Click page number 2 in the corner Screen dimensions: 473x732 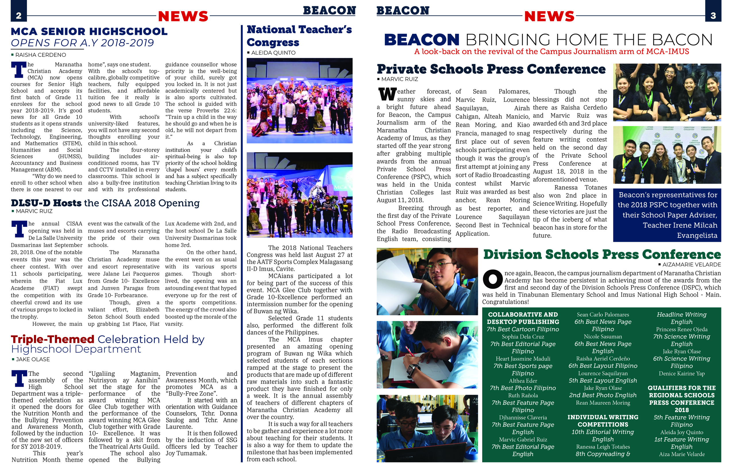click(x=18, y=16)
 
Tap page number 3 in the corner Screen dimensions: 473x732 click(x=713, y=16)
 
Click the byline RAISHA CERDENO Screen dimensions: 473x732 click(x=40, y=55)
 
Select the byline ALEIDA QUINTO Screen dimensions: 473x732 click(x=273, y=53)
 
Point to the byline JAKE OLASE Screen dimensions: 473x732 click(x=32, y=359)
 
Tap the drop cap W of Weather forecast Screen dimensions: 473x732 click(x=387, y=94)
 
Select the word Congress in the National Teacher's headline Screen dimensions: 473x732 click(x=273, y=42)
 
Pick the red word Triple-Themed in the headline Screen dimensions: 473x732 click(x=53, y=339)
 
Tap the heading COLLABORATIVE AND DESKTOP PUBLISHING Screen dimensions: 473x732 click(x=523, y=318)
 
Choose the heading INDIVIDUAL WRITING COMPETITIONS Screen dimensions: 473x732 click(x=602, y=421)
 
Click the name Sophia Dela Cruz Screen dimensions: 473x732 click(x=523, y=336)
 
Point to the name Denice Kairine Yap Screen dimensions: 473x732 click(x=681, y=373)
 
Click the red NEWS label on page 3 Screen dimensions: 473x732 click(x=549, y=16)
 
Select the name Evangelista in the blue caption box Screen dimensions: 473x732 click(x=697, y=235)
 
